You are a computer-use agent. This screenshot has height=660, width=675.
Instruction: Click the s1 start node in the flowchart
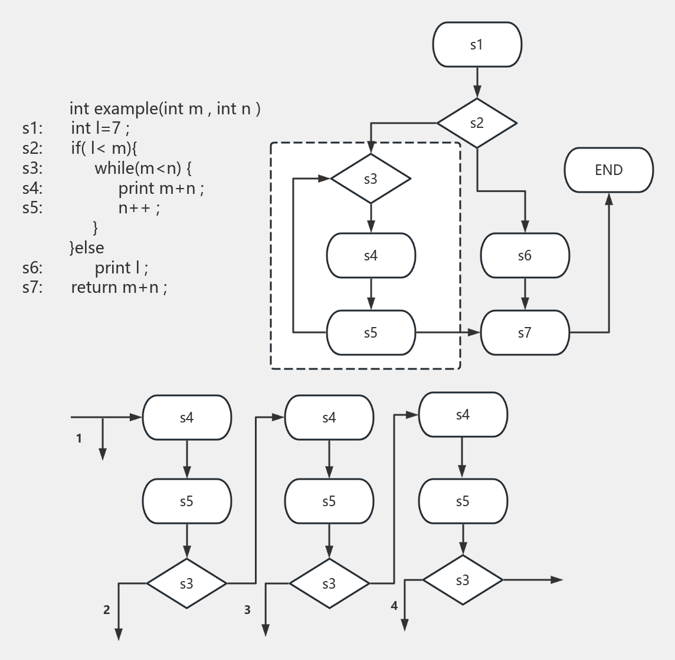477,45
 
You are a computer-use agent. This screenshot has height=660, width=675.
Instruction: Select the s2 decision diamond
477,123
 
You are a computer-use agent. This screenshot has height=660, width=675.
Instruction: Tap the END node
608,170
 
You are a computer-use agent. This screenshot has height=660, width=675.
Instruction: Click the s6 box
525,256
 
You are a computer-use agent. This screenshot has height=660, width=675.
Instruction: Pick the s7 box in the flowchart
525,333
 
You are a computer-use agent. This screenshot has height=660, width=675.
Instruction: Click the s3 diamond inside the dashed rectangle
371,179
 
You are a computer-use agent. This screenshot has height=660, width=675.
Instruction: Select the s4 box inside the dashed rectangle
371,256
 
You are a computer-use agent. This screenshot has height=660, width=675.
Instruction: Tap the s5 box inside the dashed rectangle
371,333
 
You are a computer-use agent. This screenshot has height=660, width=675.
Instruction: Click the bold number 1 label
79,438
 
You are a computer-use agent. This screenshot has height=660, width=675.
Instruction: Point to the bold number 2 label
107,610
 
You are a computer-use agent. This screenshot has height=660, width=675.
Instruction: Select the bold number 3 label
248,610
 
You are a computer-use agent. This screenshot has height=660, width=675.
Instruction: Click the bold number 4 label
394,605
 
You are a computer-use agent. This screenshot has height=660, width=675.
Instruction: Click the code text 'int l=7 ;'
100,128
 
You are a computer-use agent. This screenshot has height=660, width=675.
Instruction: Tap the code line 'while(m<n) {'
143,168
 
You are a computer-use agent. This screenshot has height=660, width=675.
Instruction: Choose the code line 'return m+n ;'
119,288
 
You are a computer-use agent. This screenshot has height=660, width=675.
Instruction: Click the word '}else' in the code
87,247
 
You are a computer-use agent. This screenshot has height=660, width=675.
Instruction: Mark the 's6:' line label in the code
32,268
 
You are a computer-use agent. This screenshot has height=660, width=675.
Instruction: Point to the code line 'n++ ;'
139,208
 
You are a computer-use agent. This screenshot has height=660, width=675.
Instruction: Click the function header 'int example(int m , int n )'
165,108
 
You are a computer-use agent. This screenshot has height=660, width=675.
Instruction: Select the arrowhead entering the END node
609,199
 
